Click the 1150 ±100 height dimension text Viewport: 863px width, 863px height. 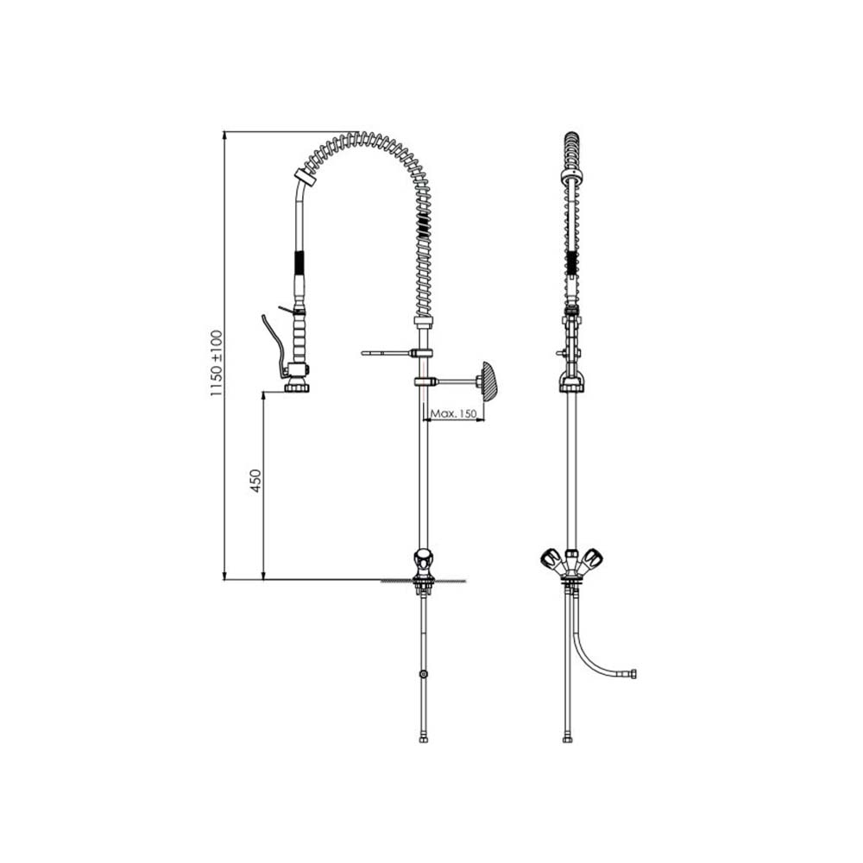pos(217,363)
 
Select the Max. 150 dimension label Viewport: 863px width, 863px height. pos(453,413)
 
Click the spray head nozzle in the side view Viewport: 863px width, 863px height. pos(297,387)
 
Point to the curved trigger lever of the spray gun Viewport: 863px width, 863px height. pos(273,344)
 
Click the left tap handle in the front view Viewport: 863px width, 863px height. pos(551,560)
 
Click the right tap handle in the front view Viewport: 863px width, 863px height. pos(591,560)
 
